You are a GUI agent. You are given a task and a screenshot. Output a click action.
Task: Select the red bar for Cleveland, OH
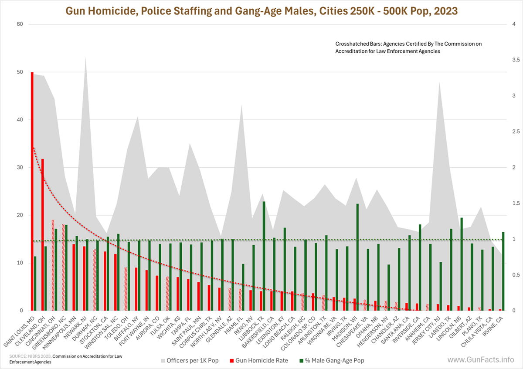point(42,235)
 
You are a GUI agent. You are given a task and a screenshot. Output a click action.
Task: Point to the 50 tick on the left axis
point(20,72)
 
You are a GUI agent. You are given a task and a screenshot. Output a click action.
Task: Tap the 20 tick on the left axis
point(20,215)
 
